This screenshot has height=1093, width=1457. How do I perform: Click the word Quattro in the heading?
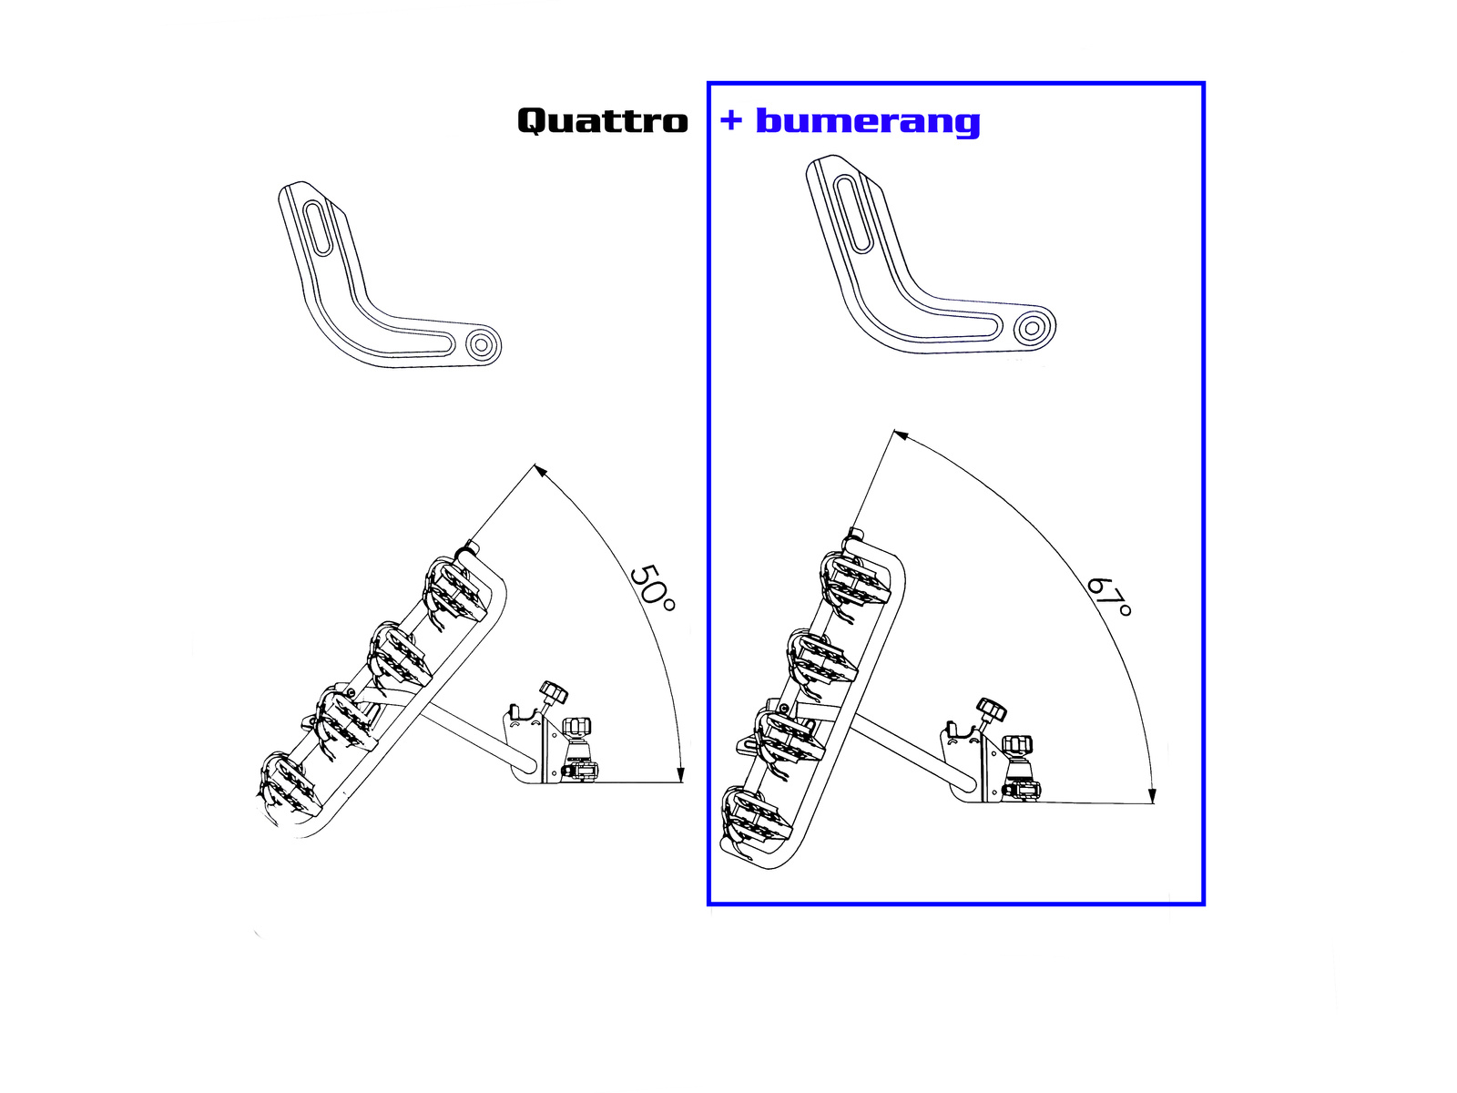tap(602, 120)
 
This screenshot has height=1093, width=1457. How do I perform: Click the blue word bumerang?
tap(867, 120)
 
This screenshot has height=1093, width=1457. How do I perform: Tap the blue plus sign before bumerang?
tap(731, 119)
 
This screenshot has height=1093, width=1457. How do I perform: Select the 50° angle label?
tap(653, 588)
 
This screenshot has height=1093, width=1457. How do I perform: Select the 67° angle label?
tap(1110, 597)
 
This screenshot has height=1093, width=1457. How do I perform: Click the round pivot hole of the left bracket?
tap(482, 344)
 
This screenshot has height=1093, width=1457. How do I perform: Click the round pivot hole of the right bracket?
tap(1032, 327)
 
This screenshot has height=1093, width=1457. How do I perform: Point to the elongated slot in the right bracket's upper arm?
tap(852, 214)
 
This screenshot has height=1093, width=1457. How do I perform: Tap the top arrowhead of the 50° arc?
tap(540, 471)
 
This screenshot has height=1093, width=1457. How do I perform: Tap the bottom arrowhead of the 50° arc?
tap(680, 775)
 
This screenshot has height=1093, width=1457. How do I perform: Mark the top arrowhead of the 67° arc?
tap(901, 435)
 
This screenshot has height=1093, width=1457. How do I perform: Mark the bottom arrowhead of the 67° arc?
tap(1152, 796)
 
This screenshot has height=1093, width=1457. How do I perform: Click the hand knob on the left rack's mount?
tap(553, 693)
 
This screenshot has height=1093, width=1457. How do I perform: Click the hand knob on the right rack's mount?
tap(991, 709)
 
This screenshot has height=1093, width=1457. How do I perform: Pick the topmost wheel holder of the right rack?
tap(854, 579)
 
